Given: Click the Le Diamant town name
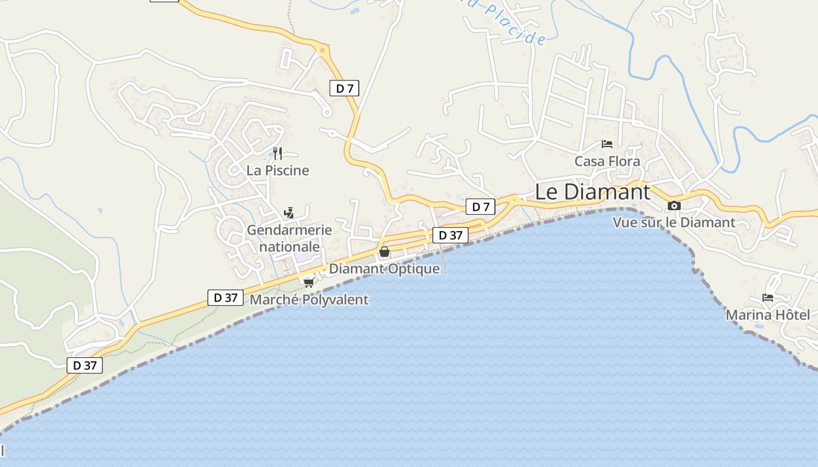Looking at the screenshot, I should (x=592, y=191).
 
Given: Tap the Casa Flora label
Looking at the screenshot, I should (x=607, y=161).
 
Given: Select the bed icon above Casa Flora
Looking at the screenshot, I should (x=607, y=144).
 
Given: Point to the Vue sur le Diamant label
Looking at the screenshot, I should (x=674, y=222).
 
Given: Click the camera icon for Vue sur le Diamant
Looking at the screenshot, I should (x=674, y=205).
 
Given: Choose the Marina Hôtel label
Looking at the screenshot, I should (x=768, y=315).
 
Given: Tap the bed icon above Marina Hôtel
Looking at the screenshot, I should (x=768, y=298).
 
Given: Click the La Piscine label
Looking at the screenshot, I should (x=278, y=170).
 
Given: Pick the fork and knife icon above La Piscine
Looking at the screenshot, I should (x=278, y=154).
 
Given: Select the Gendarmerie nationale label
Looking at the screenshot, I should (x=289, y=238).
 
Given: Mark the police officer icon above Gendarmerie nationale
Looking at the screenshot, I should (x=289, y=212).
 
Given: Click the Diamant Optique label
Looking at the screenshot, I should (x=384, y=269).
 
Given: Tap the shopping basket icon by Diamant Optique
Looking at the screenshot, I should (x=384, y=252).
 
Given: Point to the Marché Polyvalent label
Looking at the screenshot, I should (x=309, y=300).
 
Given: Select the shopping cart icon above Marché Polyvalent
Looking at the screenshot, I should (x=309, y=283).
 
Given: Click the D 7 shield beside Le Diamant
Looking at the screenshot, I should (x=480, y=207).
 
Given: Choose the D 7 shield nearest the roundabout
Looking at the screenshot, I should (x=344, y=89).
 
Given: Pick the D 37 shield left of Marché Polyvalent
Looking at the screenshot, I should (x=226, y=298).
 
